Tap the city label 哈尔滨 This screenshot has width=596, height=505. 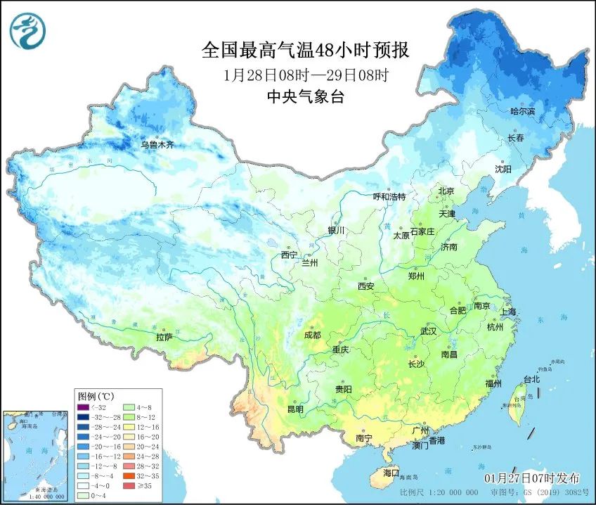[x=521, y=111]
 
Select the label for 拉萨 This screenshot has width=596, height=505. [x=164, y=337]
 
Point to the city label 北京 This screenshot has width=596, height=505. [x=446, y=191]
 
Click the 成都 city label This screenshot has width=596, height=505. [x=313, y=335]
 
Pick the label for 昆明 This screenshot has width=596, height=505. [x=295, y=409]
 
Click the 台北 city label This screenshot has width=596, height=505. [x=531, y=379]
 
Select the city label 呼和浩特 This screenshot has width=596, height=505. [x=389, y=197]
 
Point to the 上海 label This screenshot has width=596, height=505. [x=507, y=312]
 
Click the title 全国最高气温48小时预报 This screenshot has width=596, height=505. [x=305, y=50]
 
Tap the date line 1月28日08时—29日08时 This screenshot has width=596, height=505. [x=305, y=75]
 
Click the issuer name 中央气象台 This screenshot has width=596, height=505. [x=305, y=98]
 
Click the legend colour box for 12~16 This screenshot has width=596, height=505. [x=129, y=426]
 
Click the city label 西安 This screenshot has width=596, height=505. [x=366, y=286]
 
